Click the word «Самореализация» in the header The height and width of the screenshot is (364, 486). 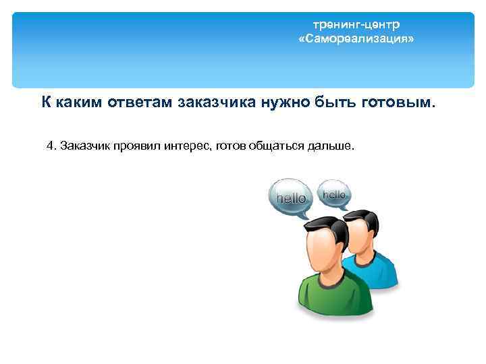click(356, 40)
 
